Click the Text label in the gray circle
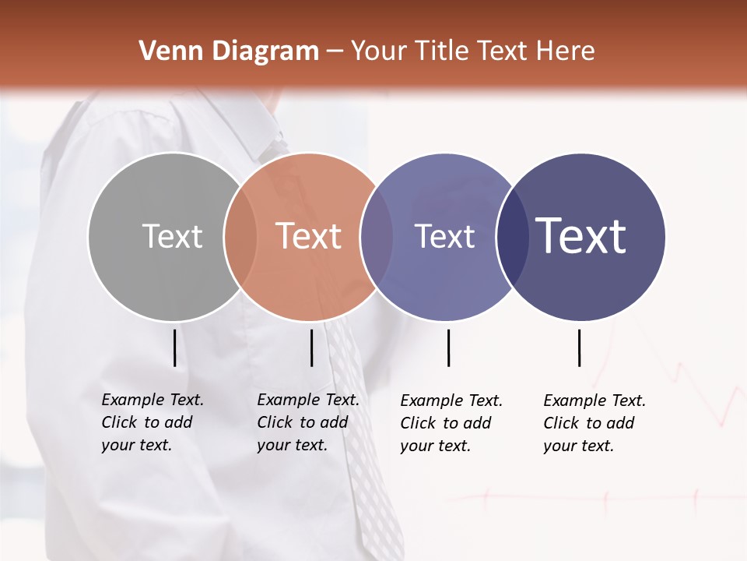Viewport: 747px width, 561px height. click(x=172, y=236)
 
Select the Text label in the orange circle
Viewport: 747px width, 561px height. click(x=309, y=236)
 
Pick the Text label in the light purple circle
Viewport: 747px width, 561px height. click(x=444, y=236)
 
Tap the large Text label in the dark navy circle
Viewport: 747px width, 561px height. click(x=581, y=236)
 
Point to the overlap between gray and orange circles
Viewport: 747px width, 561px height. click(x=240, y=236)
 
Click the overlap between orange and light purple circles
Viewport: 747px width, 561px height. click(x=377, y=236)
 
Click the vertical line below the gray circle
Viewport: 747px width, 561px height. click(x=175, y=348)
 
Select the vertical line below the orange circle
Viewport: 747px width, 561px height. click(x=311, y=348)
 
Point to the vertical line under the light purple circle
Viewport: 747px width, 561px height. click(x=449, y=348)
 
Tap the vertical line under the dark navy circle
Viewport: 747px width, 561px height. click(x=580, y=348)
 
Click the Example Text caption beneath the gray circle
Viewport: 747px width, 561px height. click(x=153, y=422)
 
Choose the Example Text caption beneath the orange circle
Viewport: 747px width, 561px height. click(x=308, y=422)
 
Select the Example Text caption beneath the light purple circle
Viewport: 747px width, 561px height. click(x=451, y=423)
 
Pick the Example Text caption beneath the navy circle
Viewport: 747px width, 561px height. click(x=594, y=423)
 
